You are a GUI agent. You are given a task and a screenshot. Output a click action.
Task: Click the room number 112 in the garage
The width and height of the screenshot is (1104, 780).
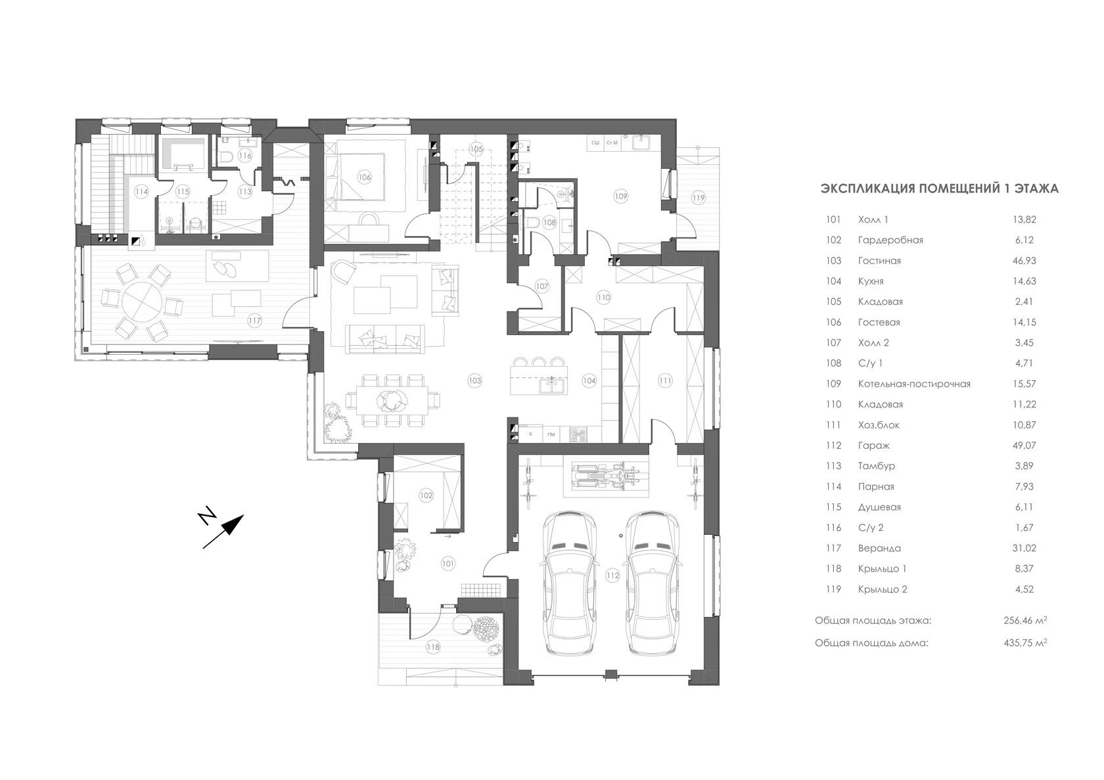click(612, 576)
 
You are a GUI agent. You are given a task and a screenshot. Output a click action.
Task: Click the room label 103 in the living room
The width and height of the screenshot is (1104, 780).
click(474, 380)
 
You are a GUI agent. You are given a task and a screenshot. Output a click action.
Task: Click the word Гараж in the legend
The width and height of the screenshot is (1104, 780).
click(873, 446)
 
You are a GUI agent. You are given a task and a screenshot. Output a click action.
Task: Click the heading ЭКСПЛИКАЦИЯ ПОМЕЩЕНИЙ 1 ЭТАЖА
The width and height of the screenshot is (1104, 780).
click(939, 189)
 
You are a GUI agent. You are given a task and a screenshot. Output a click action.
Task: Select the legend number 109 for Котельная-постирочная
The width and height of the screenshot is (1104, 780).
click(833, 384)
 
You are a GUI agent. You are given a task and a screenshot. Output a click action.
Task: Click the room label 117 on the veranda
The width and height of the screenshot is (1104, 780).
click(254, 321)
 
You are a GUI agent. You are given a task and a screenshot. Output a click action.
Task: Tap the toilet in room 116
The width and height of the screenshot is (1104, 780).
click(226, 156)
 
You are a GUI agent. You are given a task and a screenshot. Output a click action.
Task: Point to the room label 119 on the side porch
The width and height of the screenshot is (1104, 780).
click(697, 197)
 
